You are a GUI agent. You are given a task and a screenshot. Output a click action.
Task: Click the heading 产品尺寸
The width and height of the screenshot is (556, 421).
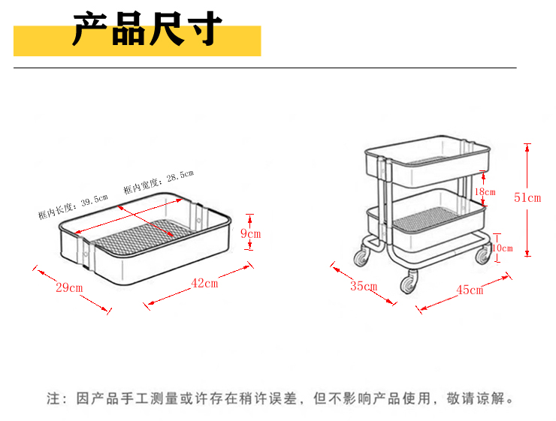click(147, 30)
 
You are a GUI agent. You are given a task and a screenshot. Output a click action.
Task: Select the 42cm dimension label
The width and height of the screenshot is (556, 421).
click(204, 284)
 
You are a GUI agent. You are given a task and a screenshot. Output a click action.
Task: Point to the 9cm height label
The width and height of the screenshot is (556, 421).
click(250, 234)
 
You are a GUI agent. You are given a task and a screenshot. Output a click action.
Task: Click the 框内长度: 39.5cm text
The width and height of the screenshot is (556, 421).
click(73, 206)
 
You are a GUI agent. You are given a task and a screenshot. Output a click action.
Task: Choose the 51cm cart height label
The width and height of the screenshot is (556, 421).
click(527, 198)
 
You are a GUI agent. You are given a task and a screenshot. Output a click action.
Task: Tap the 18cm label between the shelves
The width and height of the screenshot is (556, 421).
click(485, 192)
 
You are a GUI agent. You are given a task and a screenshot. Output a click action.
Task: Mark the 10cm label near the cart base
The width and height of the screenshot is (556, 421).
click(501, 248)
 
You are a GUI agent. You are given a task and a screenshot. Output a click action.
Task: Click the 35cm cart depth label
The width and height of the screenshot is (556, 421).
click(363, 285)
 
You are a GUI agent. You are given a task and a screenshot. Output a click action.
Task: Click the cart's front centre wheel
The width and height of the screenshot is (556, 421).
click(408, 284)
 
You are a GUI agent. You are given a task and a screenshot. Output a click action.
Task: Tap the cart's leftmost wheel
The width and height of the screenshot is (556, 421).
click(362, 257)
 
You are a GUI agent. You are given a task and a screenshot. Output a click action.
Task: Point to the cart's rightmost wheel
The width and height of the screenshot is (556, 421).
click(482, 257)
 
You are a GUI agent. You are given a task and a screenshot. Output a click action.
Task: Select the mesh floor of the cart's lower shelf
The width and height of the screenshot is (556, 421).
click(425, 221)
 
